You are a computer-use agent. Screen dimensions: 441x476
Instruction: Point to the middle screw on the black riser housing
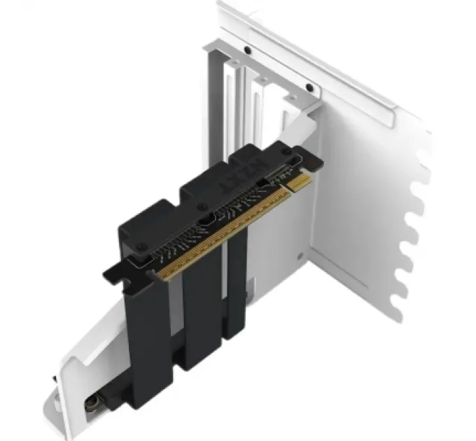click(202, 206)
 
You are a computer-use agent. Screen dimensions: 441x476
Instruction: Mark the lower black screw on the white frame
click(309, 88)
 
